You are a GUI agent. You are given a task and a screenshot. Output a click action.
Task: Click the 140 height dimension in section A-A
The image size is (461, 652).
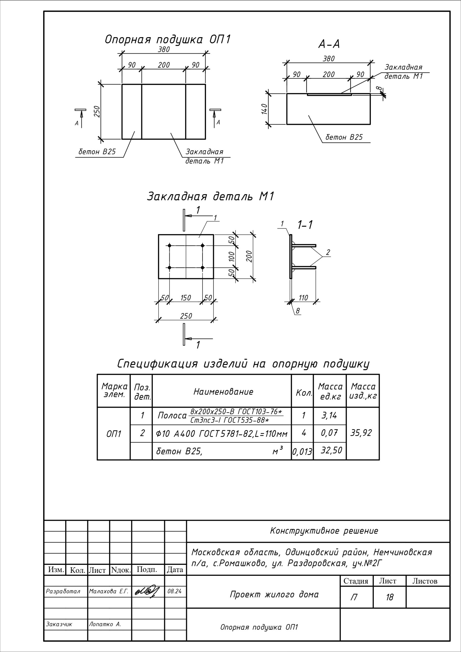264,109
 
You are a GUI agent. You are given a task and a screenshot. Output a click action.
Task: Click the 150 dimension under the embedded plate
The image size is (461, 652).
186,298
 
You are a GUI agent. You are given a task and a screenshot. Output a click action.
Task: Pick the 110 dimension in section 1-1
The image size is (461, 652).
303,298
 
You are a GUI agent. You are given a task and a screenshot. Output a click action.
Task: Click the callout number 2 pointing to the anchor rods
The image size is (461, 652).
328,252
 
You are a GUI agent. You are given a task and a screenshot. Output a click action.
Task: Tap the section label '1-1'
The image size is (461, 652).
305,225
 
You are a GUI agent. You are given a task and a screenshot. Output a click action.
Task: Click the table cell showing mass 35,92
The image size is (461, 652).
361,433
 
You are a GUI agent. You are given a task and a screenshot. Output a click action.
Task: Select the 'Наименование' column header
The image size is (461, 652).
223,392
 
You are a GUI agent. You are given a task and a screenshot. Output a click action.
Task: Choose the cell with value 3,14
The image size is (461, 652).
329,415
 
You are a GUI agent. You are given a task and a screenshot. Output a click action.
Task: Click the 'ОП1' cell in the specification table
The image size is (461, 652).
114,434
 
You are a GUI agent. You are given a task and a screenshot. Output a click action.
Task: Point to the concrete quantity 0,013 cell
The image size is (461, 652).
302,452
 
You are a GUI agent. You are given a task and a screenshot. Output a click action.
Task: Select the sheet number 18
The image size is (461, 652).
389,597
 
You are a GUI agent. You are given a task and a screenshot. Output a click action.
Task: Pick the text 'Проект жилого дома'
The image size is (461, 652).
274,594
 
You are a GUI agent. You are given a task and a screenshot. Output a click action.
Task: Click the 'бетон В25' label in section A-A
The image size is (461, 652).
344,138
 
